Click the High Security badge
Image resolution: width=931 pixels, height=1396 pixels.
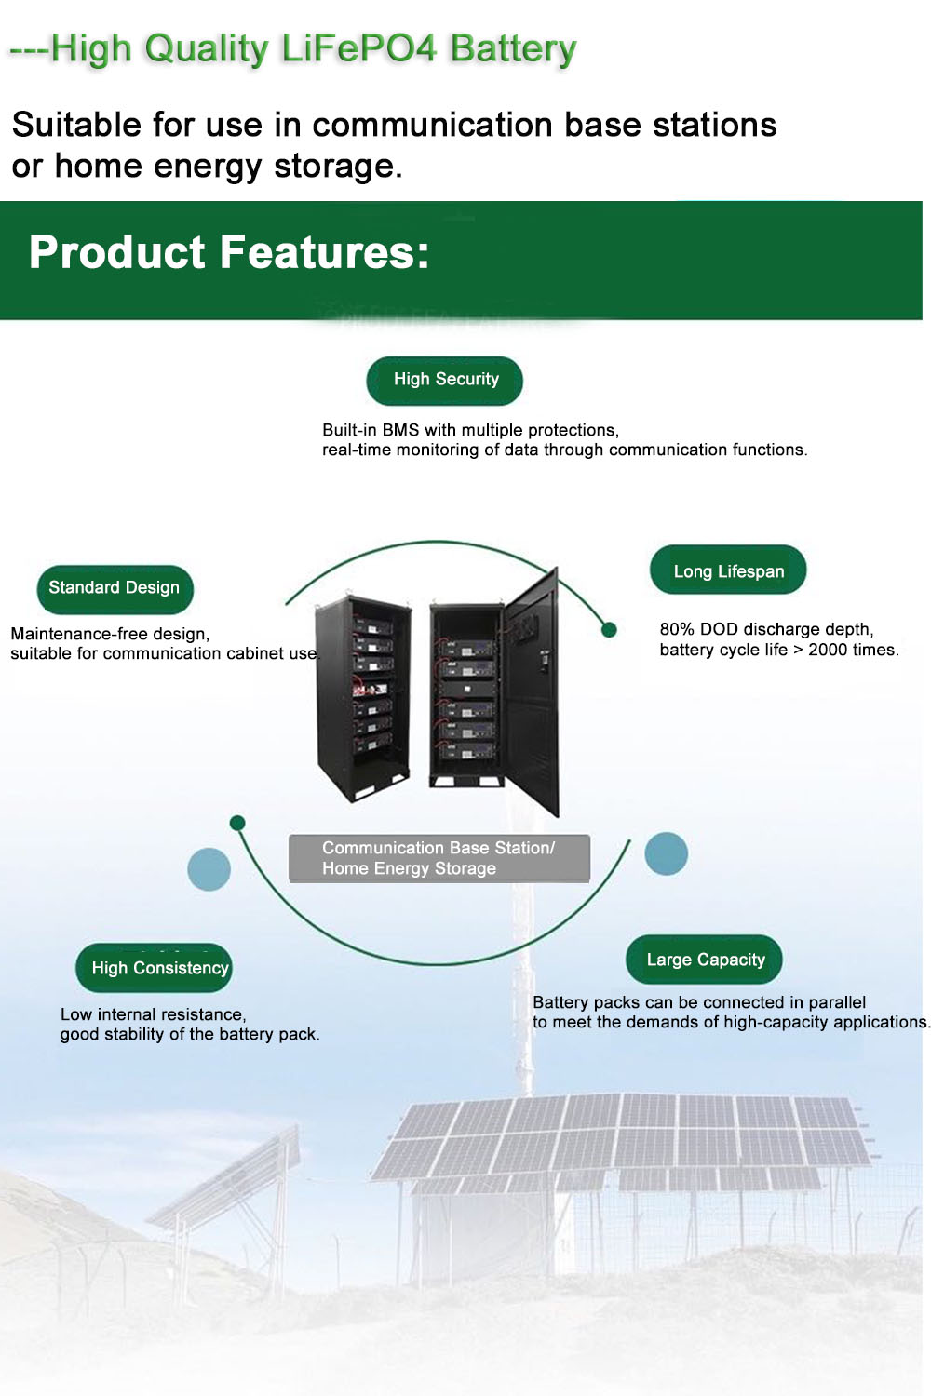click(444, 380)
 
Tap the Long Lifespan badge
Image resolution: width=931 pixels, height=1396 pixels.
click(728, 570)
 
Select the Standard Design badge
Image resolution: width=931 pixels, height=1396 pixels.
click(115, 589)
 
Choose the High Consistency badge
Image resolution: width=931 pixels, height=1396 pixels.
click(154, 967)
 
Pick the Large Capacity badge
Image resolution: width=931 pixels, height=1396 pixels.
click(704, 960)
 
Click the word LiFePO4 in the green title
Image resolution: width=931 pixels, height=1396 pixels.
click(358, 48)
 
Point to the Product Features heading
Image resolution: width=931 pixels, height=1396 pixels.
click(229, 252)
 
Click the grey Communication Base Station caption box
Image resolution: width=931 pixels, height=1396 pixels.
click(439, 858)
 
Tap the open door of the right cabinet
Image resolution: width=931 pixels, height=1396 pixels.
click(532, 691)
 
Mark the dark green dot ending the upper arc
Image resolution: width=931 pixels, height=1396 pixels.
click(609, 630)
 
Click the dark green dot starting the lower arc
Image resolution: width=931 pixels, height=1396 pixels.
click(237, 823)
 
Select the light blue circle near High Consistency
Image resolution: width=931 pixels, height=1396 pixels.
click(209, 868)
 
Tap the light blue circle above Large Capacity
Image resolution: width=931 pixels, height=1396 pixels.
click(666, 853)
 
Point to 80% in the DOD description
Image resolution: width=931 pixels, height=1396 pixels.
click(677, 629)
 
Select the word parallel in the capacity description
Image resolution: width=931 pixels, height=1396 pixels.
click(837, 1002)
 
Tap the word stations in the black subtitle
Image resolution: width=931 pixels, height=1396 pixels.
click(715, 125)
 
